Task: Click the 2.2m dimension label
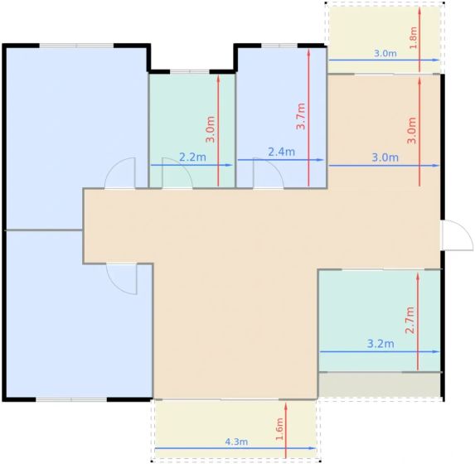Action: [192, 157]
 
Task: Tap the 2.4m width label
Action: [281, 152]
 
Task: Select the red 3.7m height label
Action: [301, 116]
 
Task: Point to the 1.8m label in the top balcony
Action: [413, 37]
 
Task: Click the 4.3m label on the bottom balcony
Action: [236, 442]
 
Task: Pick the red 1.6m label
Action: [279, 429]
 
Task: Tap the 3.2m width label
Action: [380, 344]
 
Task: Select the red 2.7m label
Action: [410, 320]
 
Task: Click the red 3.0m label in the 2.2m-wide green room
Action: [210, 129]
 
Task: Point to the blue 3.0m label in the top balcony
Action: [385, 54]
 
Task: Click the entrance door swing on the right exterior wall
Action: [458, 235]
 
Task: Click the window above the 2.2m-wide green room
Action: [190, 72]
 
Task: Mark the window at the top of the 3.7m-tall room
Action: [279, 46]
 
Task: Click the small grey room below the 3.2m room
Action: [380, 384]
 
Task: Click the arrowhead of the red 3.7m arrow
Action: [308, 52]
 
